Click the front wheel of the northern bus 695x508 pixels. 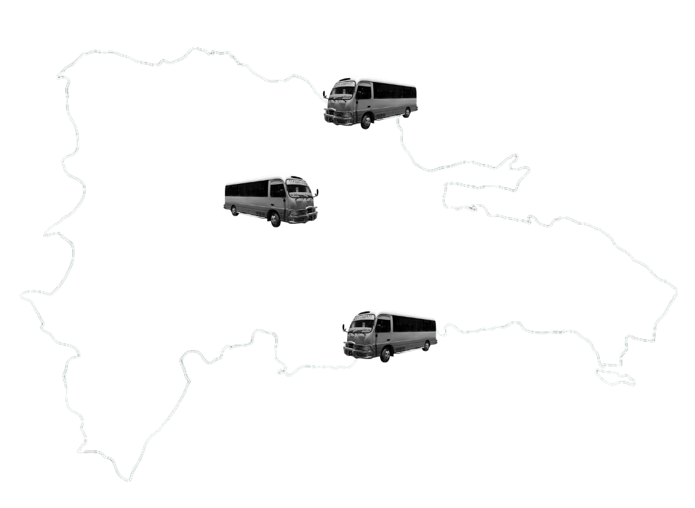(366, 120)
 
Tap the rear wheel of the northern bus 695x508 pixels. (407, 112)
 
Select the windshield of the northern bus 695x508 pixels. (342, 91)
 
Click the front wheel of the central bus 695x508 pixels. (274, 219)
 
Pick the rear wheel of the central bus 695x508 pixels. (234, 210)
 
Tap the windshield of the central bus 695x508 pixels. (299, 190)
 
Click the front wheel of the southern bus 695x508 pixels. (386, 355)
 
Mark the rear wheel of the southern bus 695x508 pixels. (427, 346)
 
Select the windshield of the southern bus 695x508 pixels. (362, 325)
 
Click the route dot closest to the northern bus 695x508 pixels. (339, 130)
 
